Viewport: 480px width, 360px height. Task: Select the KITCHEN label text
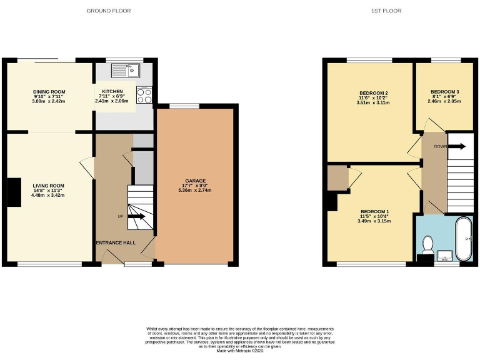(x=112, y=91)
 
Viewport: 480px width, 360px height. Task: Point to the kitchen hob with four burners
(x=144, y=95)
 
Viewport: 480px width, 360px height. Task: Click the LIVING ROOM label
(x=49, y=186)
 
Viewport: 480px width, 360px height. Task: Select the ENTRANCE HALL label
(x=115, y=242)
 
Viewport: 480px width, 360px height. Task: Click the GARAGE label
(x=195, y=181)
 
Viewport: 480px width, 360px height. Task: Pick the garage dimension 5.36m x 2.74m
(x=195, y=191)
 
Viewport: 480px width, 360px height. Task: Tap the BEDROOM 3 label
(x=444, y=92)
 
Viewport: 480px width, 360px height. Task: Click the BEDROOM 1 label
(x=374, y=211)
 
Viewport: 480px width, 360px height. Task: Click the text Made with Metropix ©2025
(x=240, y=351)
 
